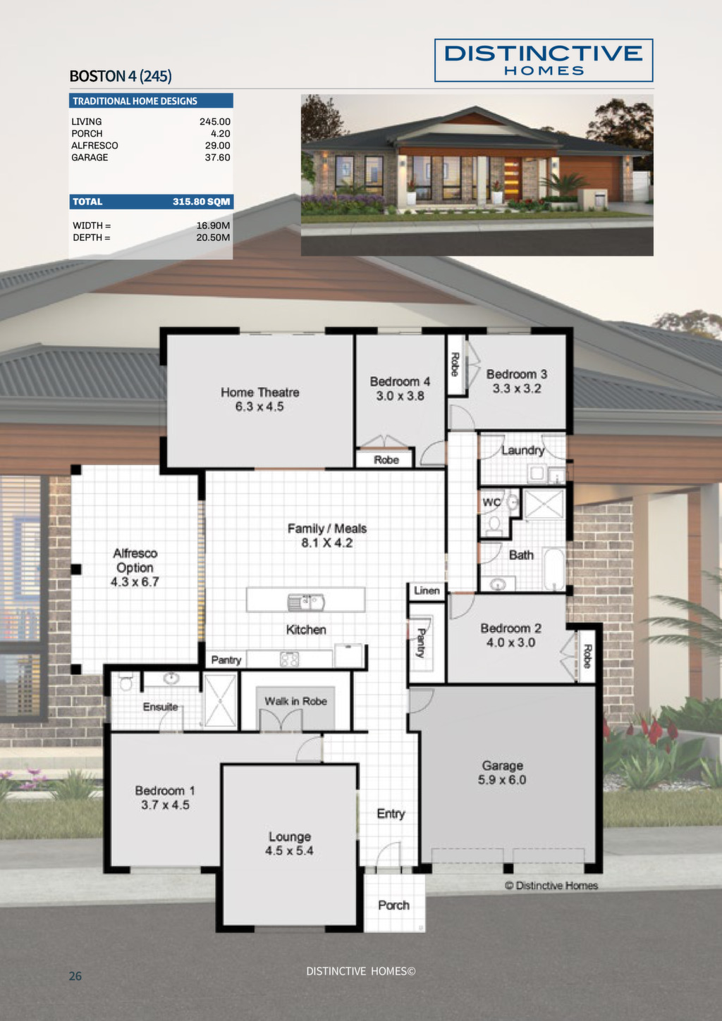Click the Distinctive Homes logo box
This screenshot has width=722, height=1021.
tap(544, 61)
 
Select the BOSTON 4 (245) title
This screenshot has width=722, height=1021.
tap(121, 76)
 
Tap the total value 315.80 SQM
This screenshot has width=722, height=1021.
tap(201, 202)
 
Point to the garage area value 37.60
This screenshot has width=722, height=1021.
tap(217, 158)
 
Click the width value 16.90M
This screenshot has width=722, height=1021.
tap(213, 225)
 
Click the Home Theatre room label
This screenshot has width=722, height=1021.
tap(259, 392)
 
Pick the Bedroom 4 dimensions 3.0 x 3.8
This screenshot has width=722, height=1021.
tap(400, 396)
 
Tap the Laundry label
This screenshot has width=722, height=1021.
tap(522, 450)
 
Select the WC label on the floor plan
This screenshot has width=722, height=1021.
tap(491, 502)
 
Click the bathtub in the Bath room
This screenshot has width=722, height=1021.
tap(554, 569)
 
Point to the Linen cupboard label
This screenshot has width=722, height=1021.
tap(427, 590)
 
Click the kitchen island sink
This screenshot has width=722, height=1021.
tap(306, 602)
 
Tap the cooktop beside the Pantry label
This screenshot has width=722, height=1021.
tap(290, 660)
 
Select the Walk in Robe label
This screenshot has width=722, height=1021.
tap(295, 701)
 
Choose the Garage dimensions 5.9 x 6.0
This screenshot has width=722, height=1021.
tap(502, 780)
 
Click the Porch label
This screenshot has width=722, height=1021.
tap(393, 905)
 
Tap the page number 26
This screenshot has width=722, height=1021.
tap(75, 976)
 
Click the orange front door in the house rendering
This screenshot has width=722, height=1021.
tap(512, 180)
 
